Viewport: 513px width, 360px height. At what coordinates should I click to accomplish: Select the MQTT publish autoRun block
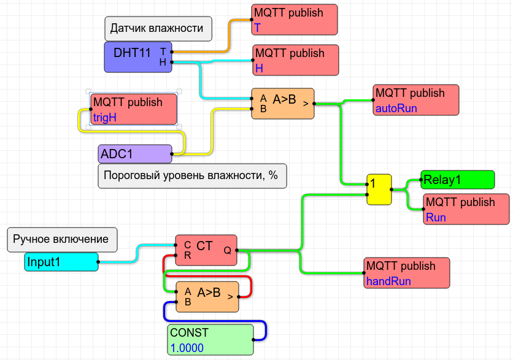tap(416, 100)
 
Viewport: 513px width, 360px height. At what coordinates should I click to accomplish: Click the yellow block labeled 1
tap(379, 189)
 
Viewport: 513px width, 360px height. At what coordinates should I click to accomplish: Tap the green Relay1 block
tap(457, 180)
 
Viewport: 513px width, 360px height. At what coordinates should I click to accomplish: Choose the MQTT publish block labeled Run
tap(466, 209)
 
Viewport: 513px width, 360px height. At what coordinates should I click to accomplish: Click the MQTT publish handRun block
tap(406, 273)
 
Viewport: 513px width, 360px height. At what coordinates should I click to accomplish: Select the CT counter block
tap(206, 250)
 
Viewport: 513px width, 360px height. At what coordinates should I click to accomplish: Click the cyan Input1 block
tap(61, 262)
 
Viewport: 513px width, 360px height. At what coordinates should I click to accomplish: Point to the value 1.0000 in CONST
tap(187, 348)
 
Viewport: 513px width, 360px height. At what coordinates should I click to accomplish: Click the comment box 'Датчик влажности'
tap(156, 28)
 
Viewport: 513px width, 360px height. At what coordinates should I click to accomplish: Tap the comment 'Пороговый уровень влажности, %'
tap(192, 175)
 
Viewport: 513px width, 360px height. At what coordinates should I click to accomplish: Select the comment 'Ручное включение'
tap(61, 239)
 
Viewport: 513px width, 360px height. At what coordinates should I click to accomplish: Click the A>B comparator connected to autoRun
tap(283, 103)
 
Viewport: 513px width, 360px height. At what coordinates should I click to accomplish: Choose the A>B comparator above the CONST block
tap(207, 297)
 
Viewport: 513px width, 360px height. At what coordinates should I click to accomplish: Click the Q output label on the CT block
tap(228, 250)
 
